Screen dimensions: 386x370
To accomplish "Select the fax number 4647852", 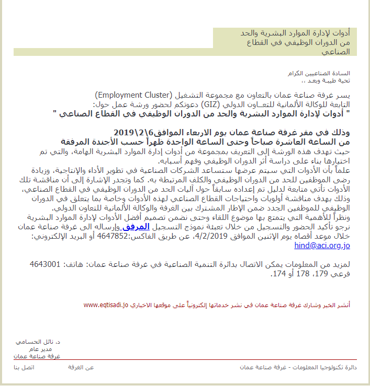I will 117,236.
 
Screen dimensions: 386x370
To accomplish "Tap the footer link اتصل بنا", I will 24,367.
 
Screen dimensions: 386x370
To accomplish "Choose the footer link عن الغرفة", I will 81,367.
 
